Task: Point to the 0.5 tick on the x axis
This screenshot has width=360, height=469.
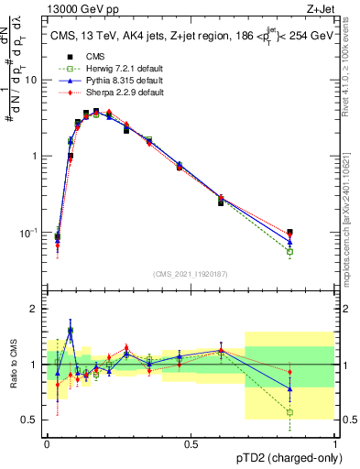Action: tap(191, 443)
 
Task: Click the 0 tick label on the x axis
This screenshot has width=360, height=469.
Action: tap(47, 443)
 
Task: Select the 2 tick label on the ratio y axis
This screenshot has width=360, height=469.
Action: tap(35, 309)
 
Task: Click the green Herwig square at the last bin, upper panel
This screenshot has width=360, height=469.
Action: tap(290, 251)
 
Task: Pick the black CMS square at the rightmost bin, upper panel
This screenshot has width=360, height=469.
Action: tap(290, 233)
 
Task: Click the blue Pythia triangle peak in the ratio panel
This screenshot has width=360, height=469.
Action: tap(71, 330)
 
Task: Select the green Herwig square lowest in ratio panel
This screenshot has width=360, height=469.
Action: tap(290, 412)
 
